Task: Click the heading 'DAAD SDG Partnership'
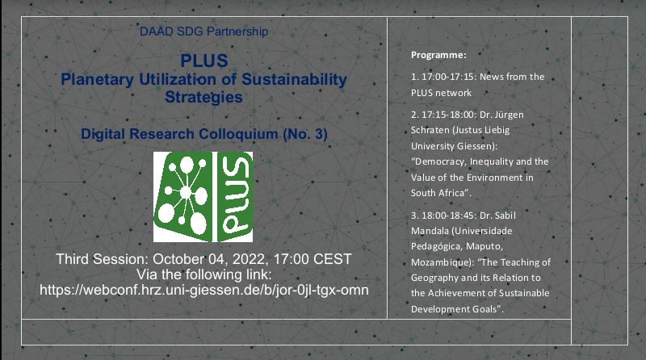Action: (204, 31)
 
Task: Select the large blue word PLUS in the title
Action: (204, 61)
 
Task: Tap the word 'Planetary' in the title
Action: (97, 79)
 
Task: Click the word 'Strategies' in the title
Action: (204, 98)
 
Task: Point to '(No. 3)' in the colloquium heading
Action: (305, 134)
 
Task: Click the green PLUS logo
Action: (203, 197)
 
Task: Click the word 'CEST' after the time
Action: (333, 259)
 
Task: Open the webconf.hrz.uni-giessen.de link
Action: (204, 290)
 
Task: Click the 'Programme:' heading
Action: (438, 55)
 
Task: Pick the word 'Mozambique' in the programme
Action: (440, 263)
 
